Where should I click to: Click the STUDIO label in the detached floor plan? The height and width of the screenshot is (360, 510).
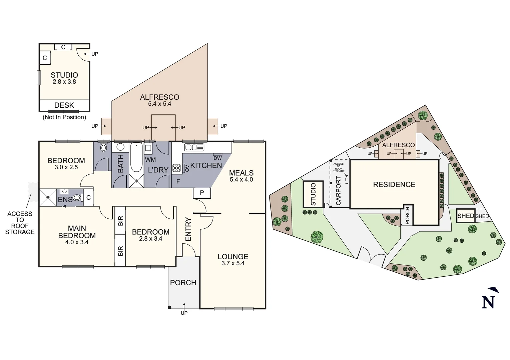pyautogui.click(x=64, y=75)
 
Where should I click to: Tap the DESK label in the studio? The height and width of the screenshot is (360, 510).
pyautogui.click(x=64, y=105)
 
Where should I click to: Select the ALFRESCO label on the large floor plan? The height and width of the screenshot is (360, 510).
pyautogui.click(x=159, y=97)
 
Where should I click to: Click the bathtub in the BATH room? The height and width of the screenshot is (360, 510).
pyautogui.click(x=136, y=157)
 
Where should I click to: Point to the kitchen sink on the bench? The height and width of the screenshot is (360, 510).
pyautogui.click(x=194, y=147)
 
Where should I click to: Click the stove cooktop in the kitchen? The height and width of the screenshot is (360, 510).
pyautogui.click(x=176, y=168)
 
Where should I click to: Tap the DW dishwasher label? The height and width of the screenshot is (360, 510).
pyautogui.click(x=217, y=158)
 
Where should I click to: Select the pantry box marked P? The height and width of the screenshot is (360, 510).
pyautogui.click(x=202, y=193)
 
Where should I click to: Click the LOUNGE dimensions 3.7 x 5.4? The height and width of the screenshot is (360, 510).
pyautogui.click(x=233, y=263)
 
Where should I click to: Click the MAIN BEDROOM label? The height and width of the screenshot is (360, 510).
pyautogui.click(x=77, y=232)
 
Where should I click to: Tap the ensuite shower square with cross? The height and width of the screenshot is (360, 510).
pyautogui.click(x=48, y=198)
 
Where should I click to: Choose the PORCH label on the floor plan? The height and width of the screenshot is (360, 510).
pyautogui.click(x=183, y=283)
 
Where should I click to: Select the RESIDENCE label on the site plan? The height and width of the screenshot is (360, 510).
pyautogui.click(x=394, y=185)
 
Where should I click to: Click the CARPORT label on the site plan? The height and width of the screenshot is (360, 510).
pyautogui.click(x=338, y=191)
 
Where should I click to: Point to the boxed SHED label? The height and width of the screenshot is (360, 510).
pyautogui.click(x=466, y=216)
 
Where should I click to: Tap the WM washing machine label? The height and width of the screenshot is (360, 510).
pyautogui.click(x=150, y=160)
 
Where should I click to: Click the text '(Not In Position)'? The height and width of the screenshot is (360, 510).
pyautogui.click(x=64, y=117)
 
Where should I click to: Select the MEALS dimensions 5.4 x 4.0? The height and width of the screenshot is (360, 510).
pyautogui.click(x=241, y=180)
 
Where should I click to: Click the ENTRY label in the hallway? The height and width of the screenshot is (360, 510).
pyautogui.click(x=188, y=229)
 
